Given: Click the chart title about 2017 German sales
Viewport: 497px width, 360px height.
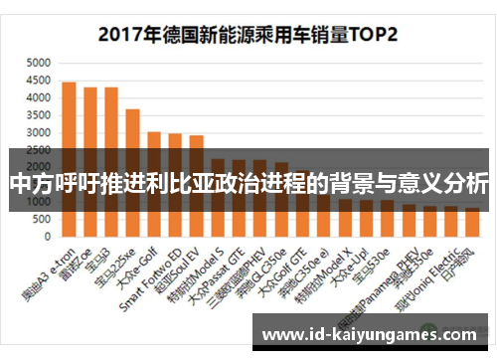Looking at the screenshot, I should pyautogui.click(x=248, y=34).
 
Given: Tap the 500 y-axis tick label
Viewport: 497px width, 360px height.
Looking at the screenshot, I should pyautogui.click(x=41, y=220).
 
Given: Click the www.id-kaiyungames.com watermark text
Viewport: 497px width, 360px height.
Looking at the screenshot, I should pyautogui.click(x=372, y=332).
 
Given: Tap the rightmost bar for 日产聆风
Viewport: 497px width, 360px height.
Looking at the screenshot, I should pyautogui.click(x=472, y=224).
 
